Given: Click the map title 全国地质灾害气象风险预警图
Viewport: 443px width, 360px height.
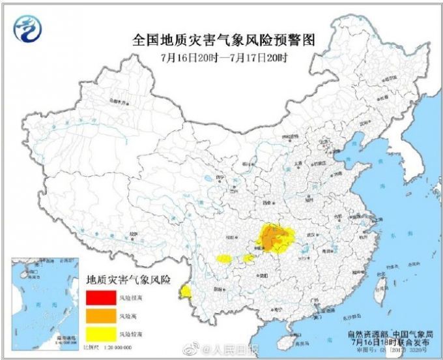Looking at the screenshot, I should click(x=224, y=40).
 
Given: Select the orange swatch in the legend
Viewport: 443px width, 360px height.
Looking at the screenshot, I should click(x=99, y=316).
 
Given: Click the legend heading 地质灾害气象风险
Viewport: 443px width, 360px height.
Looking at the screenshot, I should click(x=128, y=281).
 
